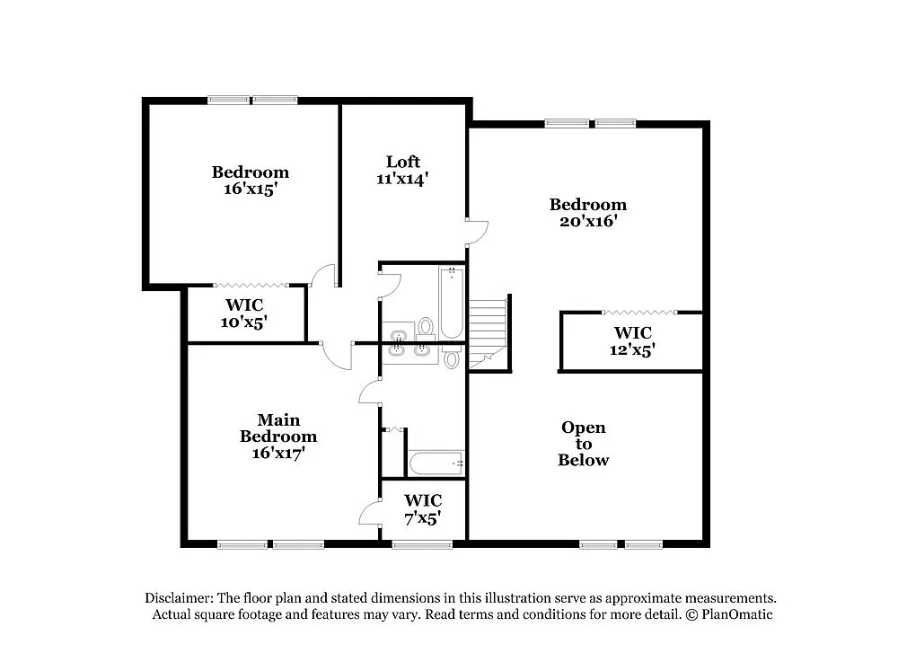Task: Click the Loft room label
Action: [x=403, y=162]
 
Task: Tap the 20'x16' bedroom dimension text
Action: [x=587, y=221]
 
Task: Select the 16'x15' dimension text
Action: [x=251, y=189]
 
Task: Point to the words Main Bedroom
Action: [x=277, y=428]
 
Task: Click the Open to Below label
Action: [x=584, y=444]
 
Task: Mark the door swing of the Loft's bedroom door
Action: [x=477, y=231]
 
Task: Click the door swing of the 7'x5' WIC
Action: [x=370, y=513]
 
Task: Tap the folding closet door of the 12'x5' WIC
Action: [x=638, y=312]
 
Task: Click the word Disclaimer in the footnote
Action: [x=178, y=598]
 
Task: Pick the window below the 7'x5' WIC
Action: [x=422, y=543]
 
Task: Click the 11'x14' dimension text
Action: [x=402, y=178]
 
